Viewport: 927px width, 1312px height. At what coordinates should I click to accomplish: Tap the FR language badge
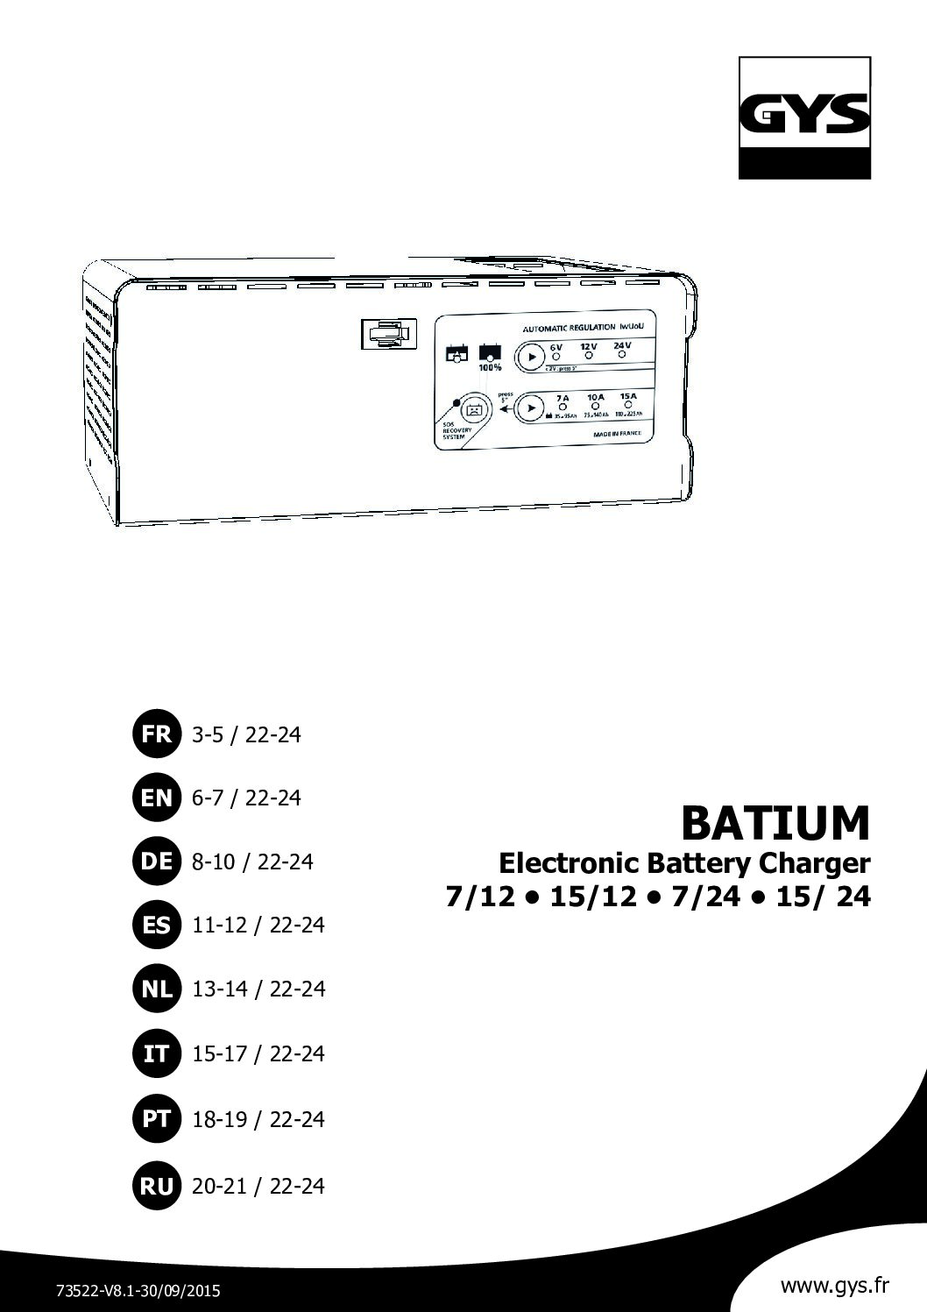click(x=156, y=734)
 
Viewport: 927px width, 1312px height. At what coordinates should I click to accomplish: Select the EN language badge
click(x=156, y=798)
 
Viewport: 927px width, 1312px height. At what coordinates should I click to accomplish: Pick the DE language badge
click(x=156, y=862)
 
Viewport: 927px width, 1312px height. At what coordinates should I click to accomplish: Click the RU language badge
click(x=156, y=1186)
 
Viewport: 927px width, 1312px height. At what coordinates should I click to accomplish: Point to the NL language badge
click(x=156, y=989)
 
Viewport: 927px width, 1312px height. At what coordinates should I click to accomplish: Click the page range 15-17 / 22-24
click(x=258, y=1053)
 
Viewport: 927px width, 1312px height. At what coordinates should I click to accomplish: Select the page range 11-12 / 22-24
click(x=258, y=925)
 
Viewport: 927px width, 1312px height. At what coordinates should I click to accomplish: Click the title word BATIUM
click(x=775, y=822)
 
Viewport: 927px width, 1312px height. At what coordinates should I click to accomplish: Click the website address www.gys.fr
click(x=834, y=1287)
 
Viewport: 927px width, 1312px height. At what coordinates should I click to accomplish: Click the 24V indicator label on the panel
click(x=622, y=346)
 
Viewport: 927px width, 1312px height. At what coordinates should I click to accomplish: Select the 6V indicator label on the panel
click(x=555, y=347)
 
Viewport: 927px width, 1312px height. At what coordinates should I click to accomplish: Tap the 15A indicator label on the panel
click(x=628, y=397)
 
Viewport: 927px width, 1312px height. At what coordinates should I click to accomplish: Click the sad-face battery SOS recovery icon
click(x=473, y=408)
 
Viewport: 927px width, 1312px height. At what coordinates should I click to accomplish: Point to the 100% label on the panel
click(x=489, y=369)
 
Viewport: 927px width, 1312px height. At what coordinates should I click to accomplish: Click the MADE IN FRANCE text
click(x=617, y=434)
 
